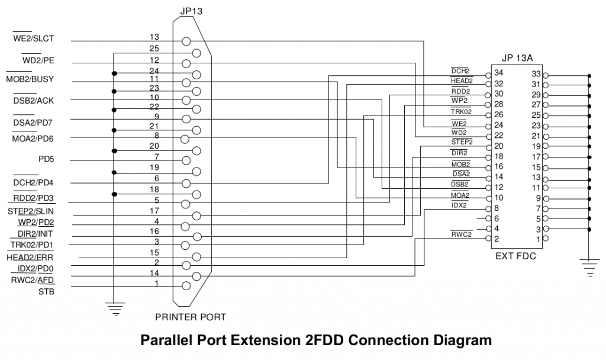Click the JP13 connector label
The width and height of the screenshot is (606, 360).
[x=191, y=11]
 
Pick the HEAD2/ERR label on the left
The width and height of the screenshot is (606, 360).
[x=30, y=258]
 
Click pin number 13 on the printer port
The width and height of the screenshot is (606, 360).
[x=154, y=37]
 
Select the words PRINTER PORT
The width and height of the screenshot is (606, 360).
[x=190, y=317]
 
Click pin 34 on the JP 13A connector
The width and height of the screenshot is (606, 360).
[x=499, y=73]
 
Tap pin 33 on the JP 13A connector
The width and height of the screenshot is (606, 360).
[x=537, y=73]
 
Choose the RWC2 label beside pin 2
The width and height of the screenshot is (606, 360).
[x=461, y=234]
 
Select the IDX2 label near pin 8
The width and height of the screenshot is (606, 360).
[x=459, y=205]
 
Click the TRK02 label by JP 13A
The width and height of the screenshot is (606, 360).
[x=460, y=111]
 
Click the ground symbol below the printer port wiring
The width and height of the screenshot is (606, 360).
[x=114, y=307]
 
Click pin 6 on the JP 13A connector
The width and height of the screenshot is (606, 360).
[x=498, y=218]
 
